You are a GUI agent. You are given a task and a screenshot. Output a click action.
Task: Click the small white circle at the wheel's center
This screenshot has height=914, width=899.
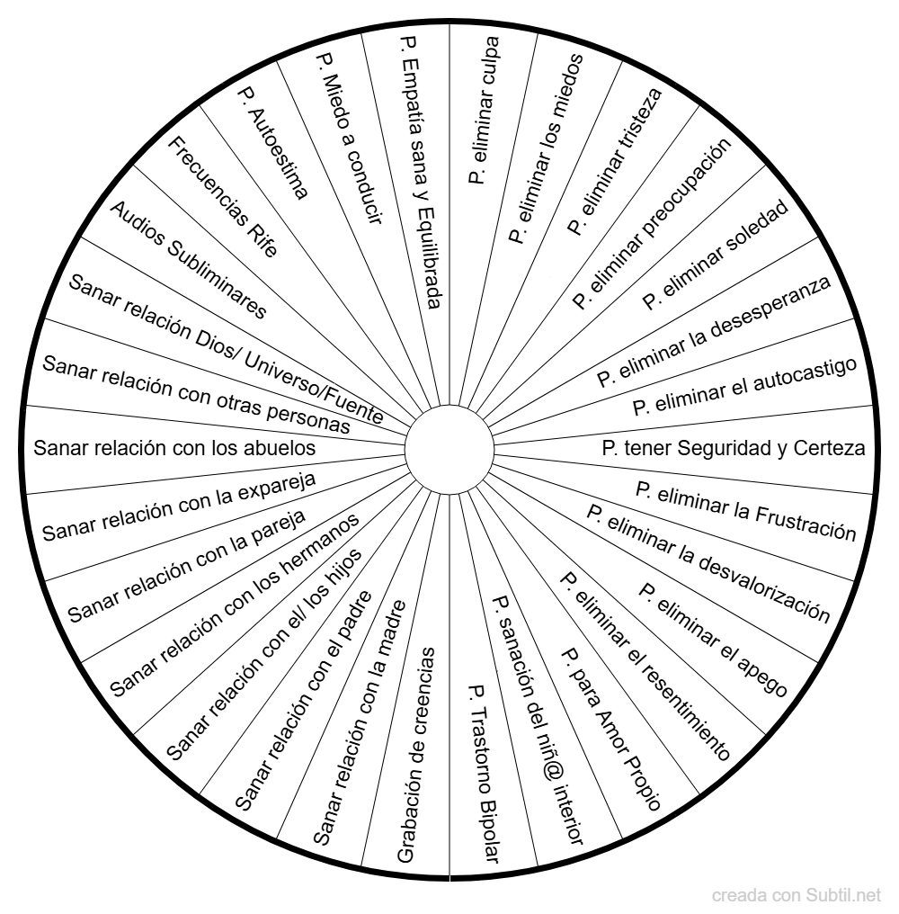(x=449, y=450)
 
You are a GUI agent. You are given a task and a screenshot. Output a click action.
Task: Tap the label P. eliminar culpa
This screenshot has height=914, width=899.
(x=484, y=110)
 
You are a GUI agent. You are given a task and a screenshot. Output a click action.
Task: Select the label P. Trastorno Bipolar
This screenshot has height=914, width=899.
(x=484, y=774)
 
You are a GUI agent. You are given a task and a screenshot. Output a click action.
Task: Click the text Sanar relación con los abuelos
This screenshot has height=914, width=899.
(x=174, y=448)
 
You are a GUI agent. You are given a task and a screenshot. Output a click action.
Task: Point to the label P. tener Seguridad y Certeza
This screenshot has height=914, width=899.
(x=734, y=448)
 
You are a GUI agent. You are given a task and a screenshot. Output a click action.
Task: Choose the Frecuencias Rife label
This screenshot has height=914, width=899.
(x=223, y=196)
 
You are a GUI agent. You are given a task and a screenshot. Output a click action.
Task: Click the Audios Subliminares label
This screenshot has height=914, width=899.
(x=188, y=259)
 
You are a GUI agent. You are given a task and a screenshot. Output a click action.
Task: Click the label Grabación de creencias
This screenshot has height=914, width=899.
(x=416, y=754)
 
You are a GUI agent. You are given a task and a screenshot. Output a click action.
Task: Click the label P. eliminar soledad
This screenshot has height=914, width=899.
(x=716, y=255)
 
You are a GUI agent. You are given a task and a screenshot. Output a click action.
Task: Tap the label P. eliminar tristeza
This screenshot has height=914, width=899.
(x=615, y=161)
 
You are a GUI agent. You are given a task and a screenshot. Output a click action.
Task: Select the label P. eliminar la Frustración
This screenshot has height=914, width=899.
(x=746, y=511)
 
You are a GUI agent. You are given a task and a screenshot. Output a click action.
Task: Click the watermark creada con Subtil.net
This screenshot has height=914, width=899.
(x=797, y=895)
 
